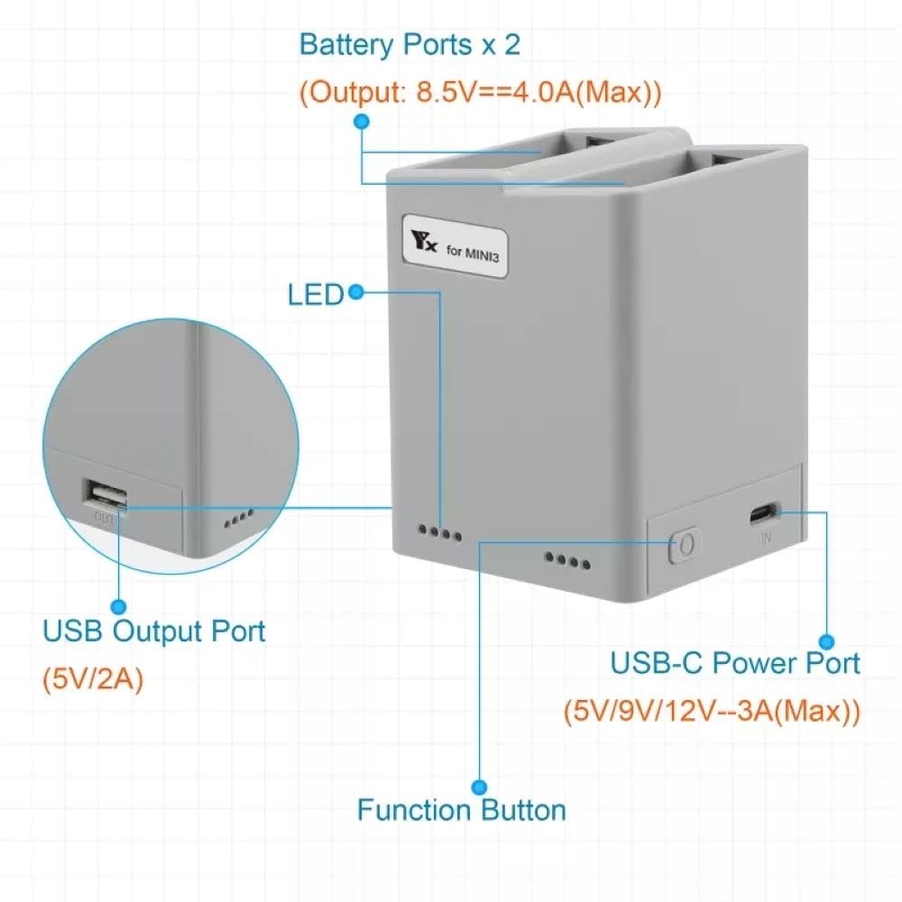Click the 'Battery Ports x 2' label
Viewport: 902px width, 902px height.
410,45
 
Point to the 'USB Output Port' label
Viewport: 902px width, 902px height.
154,630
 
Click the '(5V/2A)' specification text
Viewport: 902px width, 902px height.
93,678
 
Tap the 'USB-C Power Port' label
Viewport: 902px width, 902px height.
735,663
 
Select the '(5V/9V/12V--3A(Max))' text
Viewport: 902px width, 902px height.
712,711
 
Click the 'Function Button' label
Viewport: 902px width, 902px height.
461,809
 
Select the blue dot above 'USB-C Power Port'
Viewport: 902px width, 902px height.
827,641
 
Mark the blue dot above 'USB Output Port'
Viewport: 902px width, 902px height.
118,607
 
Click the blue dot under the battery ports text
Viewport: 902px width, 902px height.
362,121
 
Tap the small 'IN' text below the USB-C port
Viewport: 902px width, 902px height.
765,538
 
